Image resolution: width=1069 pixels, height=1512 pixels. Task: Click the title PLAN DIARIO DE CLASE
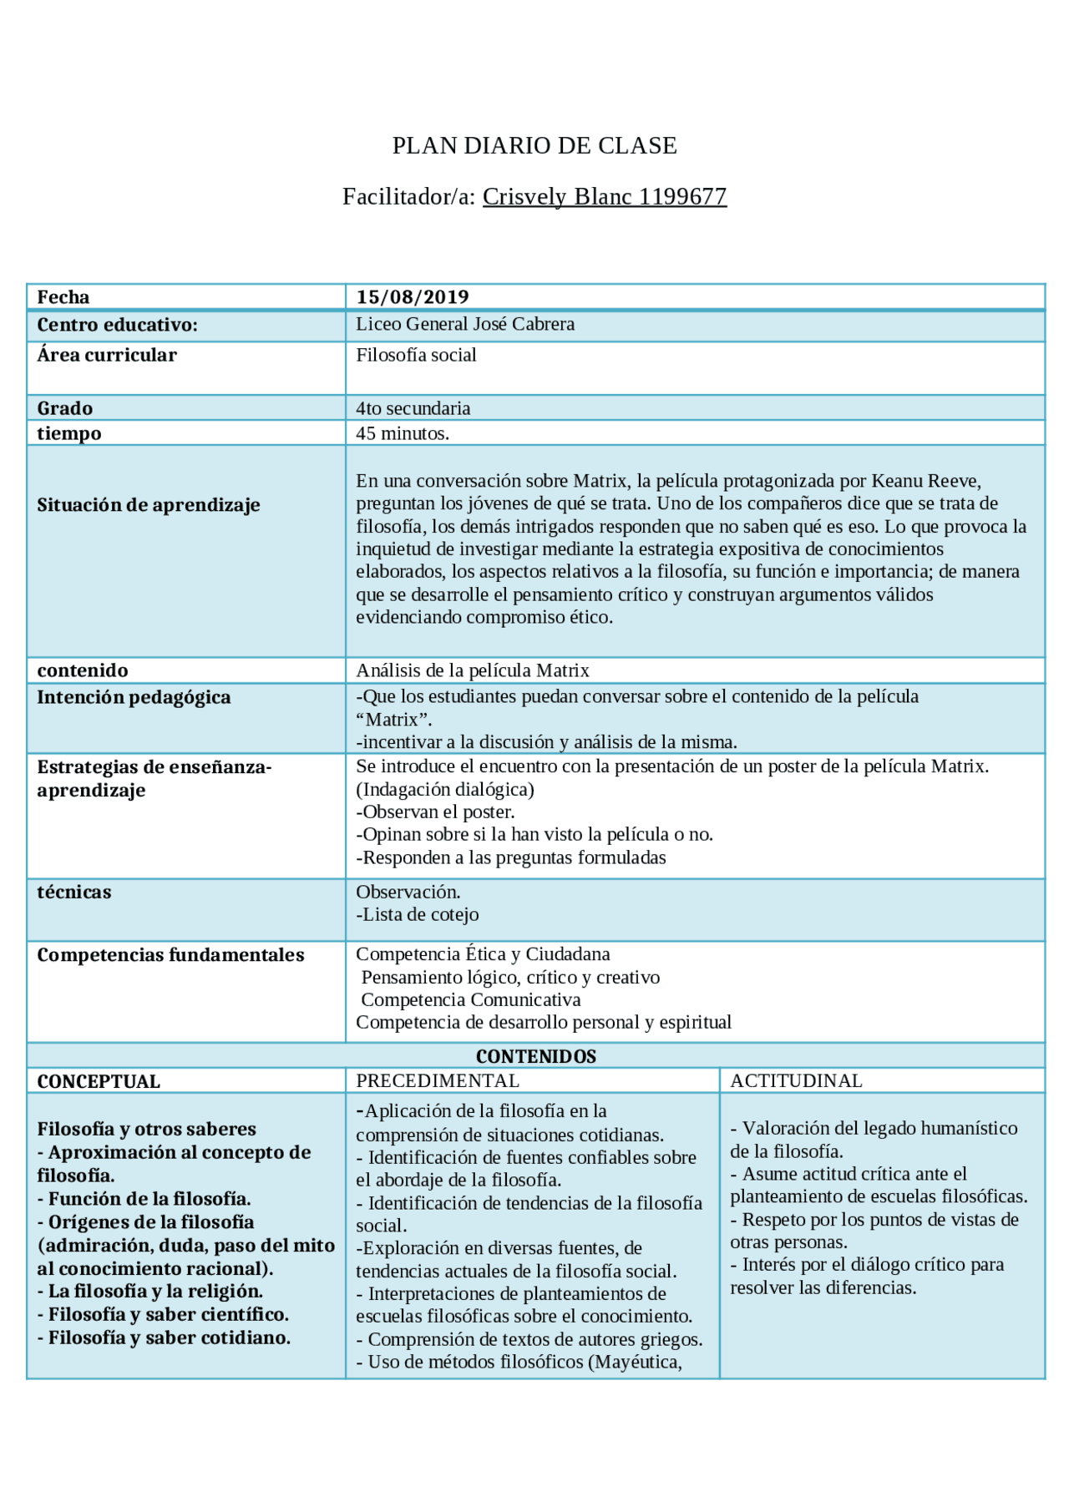[x=534, y=146]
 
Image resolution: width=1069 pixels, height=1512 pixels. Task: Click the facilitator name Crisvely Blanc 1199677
[x=604, y=197]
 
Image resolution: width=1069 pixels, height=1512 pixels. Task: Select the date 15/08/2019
[x=413, y=297]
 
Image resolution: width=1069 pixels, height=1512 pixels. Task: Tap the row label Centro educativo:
[x=117, y=326]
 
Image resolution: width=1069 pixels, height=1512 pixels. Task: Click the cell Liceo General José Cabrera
[x=465, y=325]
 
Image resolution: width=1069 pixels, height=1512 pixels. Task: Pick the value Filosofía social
[x=416, y=356]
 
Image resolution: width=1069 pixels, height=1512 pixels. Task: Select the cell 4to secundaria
[x=413, y=409]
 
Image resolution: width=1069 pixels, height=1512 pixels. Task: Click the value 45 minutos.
[x=403, y=434]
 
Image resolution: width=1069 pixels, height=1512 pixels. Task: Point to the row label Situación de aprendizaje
[x=149, y=505]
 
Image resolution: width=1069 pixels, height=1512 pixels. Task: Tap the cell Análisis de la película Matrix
[x=473, y=671]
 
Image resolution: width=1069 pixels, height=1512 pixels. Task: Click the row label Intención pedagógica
[x=134, y=698]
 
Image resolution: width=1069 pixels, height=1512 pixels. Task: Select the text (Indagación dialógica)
[x=444, y=790]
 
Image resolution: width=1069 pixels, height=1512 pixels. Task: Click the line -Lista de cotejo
[x=418, y=915]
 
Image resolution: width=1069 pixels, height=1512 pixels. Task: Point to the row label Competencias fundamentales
[x=170, y=955]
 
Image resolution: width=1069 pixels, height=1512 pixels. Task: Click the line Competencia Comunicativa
[x=470, y=1000]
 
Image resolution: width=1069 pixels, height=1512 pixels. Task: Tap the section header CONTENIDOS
[x=535, y=1057]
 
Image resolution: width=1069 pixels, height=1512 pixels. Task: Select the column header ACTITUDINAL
[x=796, y=1081]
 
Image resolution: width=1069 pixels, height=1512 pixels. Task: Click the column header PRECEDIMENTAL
[x=438, y=1081]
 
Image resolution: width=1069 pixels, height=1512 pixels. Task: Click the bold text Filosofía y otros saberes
[x=146, y=1130]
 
